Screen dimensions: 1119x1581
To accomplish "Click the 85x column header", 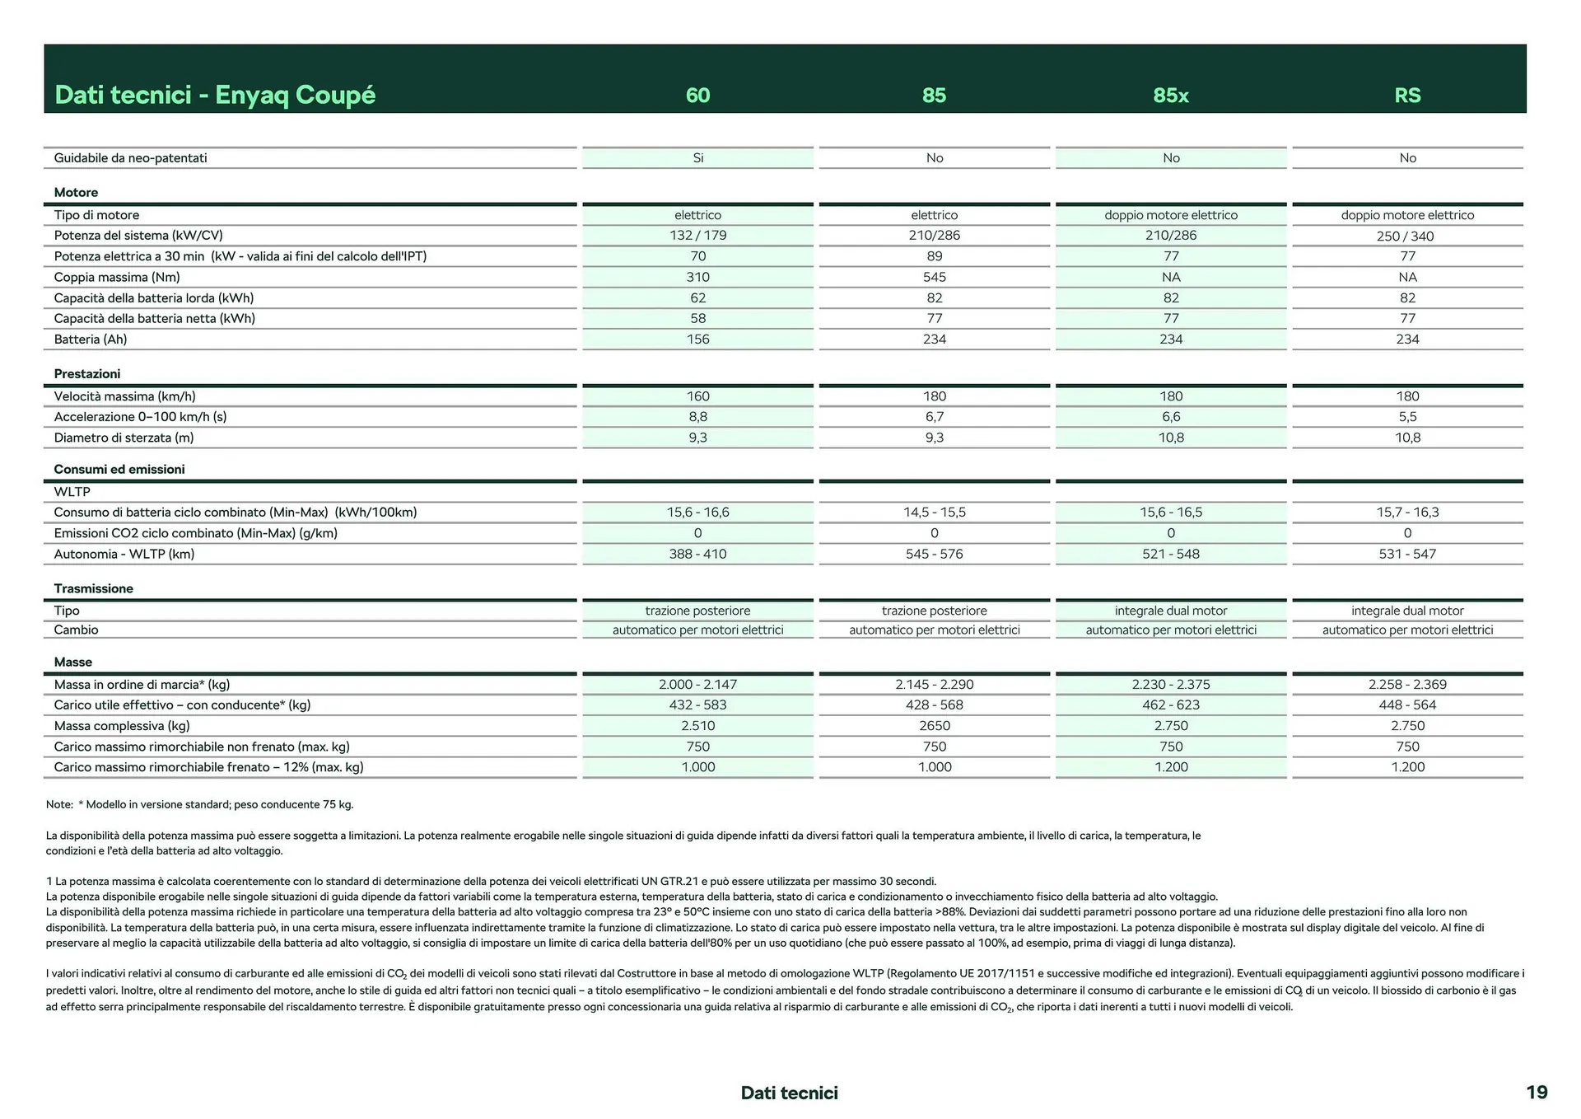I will (1170, 96).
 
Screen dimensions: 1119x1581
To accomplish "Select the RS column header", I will (1407, 96).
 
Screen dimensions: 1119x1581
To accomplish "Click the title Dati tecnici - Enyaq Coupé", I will (215, 95).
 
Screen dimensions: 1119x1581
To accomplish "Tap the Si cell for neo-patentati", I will (697, 158).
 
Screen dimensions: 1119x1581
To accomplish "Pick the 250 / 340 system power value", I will (1407, 236).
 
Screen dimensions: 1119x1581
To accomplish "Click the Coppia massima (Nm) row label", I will (117, 277).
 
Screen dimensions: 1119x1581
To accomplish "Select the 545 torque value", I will (934, 277).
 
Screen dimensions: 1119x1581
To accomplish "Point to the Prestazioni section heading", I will (87, 373).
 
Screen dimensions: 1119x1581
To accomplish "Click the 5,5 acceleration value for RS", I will (1407, 417).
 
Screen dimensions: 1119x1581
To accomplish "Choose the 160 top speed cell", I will (697, 396).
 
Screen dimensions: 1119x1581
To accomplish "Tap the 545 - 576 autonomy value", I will (934, 554).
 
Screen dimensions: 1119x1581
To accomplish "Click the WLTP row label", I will (72, 492).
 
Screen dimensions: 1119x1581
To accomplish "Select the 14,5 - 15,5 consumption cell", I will (934, 513).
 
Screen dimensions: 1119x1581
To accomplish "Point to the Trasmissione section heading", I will (93, 588).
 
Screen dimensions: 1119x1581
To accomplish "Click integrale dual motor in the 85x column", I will (1170, 611).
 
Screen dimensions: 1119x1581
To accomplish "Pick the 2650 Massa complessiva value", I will (934, 726).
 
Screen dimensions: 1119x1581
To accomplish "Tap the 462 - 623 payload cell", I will (1170, 705).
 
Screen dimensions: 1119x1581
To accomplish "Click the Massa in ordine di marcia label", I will (142, 685).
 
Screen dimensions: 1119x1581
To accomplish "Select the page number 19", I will (1537, 1093).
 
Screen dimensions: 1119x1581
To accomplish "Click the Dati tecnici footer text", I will (789, 1093).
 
